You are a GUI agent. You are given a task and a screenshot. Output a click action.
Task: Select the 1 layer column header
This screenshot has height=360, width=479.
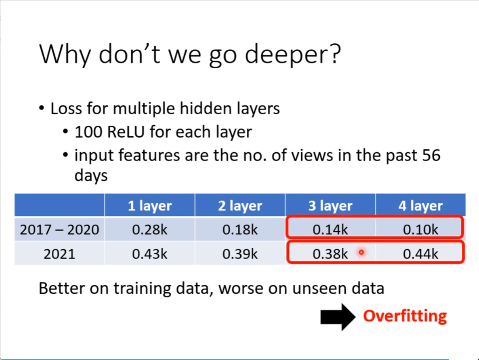150,206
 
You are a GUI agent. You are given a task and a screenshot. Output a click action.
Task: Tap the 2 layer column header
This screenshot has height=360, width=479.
240,206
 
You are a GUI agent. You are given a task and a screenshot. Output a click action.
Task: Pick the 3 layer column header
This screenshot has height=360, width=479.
330,206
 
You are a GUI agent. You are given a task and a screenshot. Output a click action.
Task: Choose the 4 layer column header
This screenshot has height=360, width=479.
420,206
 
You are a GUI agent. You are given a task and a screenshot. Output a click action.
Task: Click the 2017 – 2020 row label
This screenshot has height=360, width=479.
59,229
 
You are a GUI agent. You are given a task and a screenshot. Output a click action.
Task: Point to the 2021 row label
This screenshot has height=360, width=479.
59,254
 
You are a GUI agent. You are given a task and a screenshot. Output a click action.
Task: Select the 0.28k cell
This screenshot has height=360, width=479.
150,229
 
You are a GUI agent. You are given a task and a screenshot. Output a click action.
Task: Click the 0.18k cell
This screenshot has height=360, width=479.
240,229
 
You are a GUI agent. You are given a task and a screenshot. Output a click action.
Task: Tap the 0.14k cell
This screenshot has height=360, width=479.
330,229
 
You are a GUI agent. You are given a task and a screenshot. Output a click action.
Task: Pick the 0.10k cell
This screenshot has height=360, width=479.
420,229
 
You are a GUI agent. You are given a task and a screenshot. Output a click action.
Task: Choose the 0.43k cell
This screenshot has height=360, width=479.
150,254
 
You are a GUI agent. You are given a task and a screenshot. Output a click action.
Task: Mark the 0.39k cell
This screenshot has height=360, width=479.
240,254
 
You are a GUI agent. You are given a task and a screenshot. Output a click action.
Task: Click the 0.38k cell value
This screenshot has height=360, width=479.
330,254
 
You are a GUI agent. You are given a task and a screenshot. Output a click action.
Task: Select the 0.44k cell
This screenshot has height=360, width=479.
420,254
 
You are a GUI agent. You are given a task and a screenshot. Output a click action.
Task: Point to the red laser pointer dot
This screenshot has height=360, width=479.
361,253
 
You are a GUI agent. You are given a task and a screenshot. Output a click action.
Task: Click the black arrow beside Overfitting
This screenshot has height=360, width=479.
338,317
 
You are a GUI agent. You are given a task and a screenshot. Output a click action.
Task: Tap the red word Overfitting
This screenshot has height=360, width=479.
405,316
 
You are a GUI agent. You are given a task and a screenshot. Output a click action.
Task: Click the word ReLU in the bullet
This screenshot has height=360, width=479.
126,132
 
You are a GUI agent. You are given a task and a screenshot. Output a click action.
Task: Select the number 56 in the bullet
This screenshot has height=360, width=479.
431,155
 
